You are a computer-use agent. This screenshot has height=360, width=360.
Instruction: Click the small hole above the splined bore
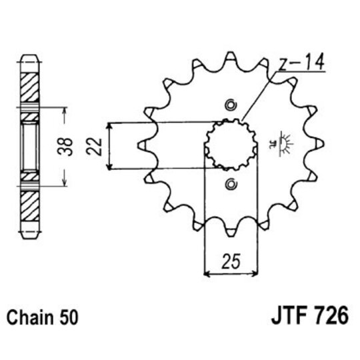click(x=231, y=104)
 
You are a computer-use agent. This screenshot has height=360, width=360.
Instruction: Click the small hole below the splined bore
click(x=231, y=184)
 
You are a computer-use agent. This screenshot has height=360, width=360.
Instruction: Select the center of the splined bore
click(x=230, y=144)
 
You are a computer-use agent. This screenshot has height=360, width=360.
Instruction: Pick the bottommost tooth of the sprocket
click(x=231, y=233)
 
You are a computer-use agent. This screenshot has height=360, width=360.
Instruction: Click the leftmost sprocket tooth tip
click(x=139, y=144)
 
